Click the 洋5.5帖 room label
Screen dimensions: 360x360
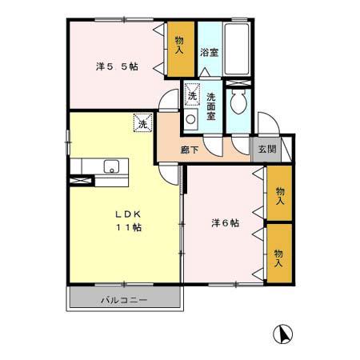pyautogui.click(x=117, y=67)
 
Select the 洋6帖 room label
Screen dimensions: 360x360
pyautogui.click(x=225, y=223)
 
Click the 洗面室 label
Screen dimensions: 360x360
pyautogui.click(x=210, y=107)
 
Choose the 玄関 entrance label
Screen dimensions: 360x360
pyautogui.click(x=264, y=149)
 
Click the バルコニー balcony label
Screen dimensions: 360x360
pyautogui.click(x=123, y=301)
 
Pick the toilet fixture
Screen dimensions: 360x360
pyautogui.click(x=238, y=104)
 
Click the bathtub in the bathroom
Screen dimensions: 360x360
pyautogui.click(x=238, y=50)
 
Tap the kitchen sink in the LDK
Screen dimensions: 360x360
pyautogui.click(x=112, y=166)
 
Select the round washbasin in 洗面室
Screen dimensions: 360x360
pyautogui.click(x=191, y=119)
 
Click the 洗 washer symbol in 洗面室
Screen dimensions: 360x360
pyautogui.click(x=192, y=96)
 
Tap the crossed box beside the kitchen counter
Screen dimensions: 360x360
pyautogui.click(x=80, y=181)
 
